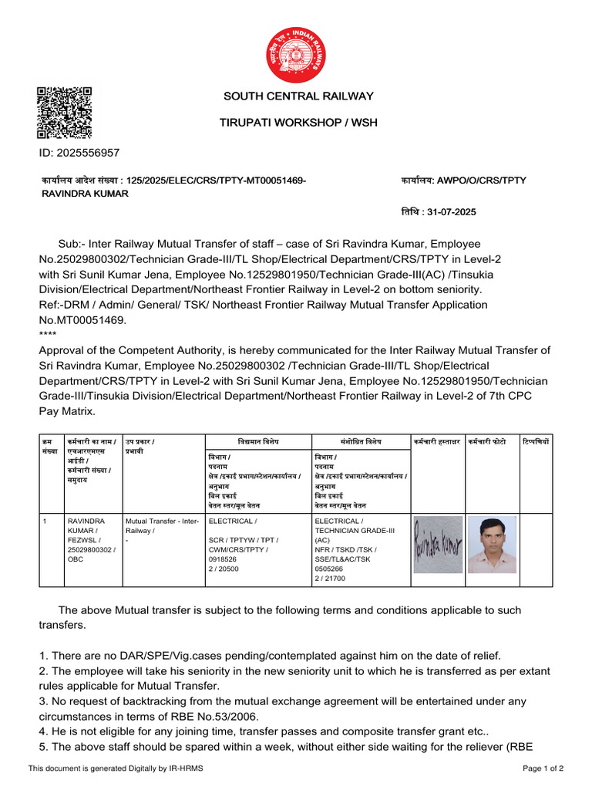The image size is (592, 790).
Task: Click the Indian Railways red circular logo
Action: pos(296,54)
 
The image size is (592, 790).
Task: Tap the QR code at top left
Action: pos(65,113)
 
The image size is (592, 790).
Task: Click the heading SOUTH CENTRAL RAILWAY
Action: pos(298,96)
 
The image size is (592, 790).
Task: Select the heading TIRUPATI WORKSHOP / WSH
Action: pos(298,123)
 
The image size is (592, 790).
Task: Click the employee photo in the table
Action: pos(492,544)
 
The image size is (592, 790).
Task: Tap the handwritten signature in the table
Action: pos(437,544)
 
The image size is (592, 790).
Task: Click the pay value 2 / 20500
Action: pos(224,568)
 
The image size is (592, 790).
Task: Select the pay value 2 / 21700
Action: pos(330,578)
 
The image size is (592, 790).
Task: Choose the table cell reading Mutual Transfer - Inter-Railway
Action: pos(162,526)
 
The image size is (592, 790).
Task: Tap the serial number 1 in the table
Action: pos(45,522)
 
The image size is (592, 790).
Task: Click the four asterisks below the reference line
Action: pos(48,333)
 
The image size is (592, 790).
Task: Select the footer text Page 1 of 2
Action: pos(543,768)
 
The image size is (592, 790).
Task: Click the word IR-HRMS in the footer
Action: pos(186,768)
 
